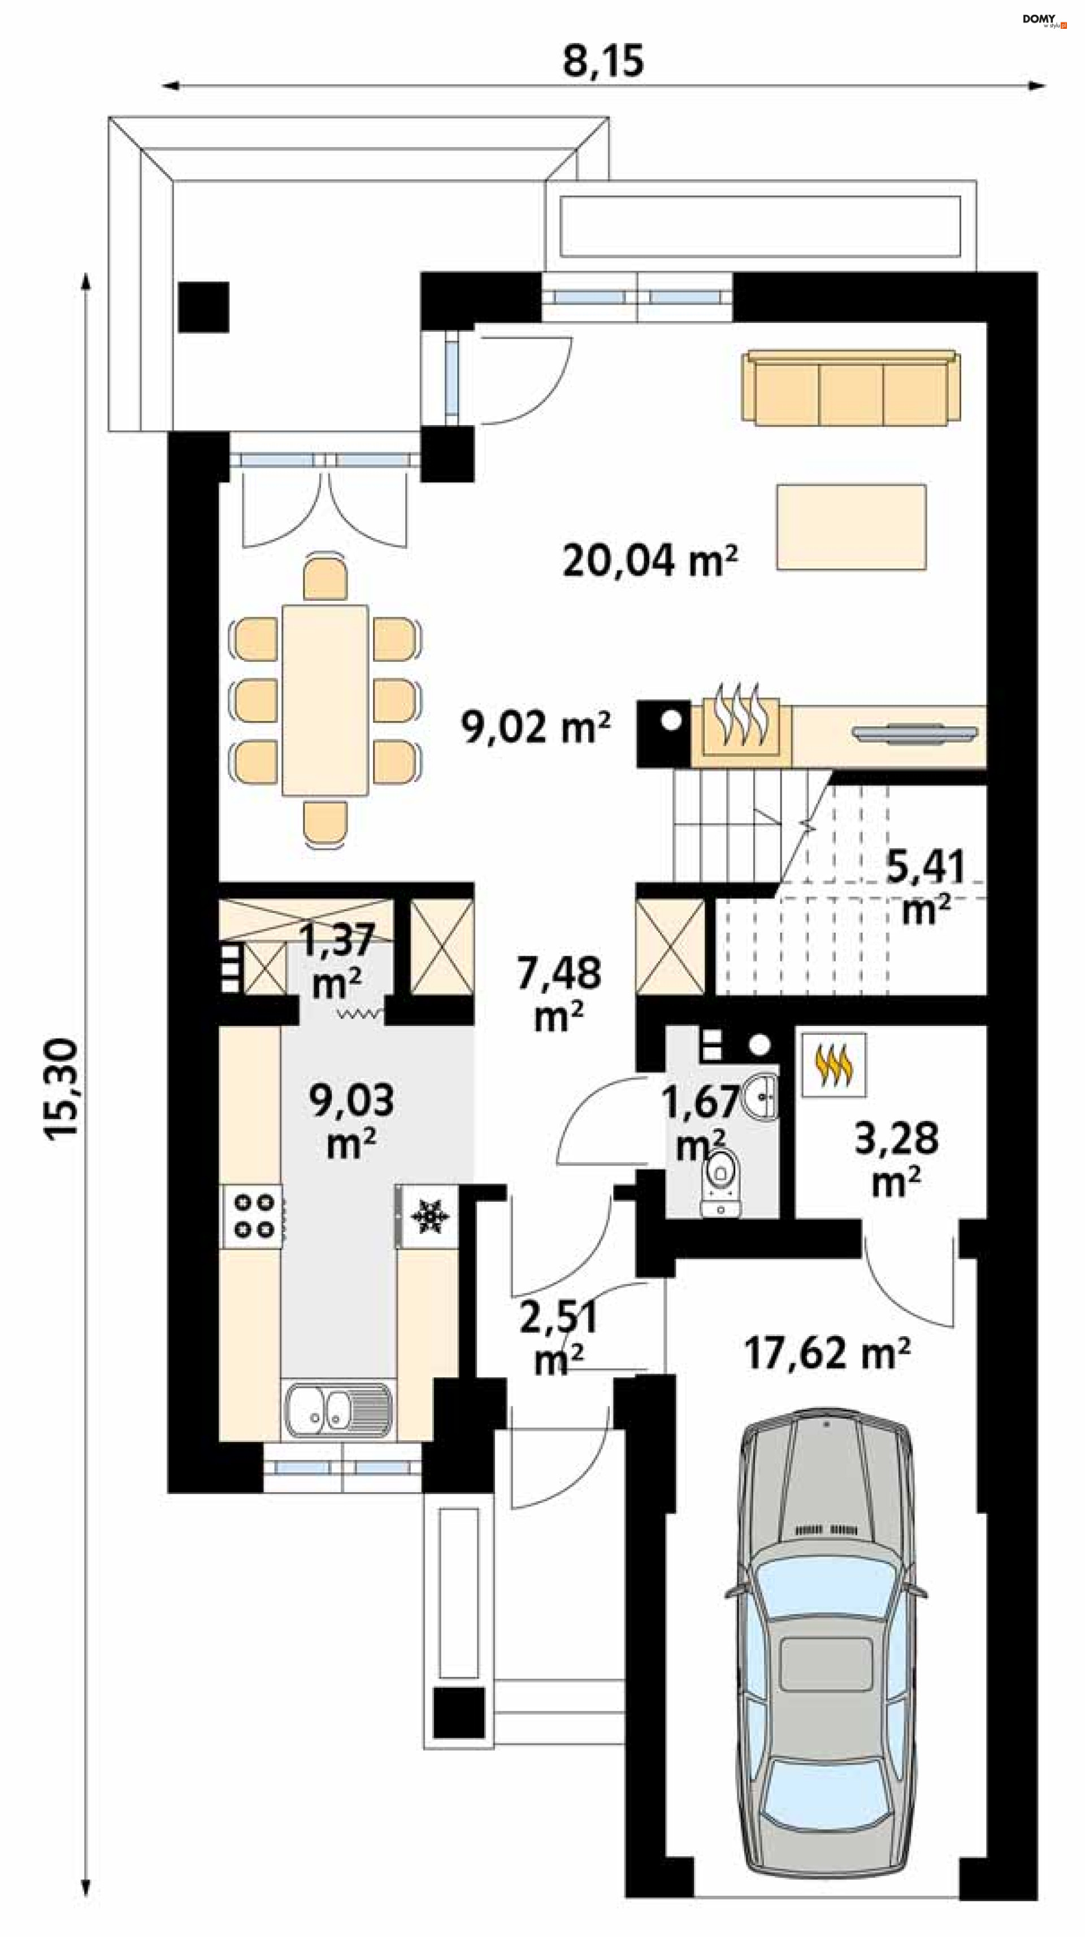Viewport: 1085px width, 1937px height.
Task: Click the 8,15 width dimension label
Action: tap(603, 61)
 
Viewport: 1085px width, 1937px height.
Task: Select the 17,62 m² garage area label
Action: tap(827, 1353)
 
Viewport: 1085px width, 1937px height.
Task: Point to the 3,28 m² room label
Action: tap(896, 1159)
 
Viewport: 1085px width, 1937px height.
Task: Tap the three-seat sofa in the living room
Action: tap(850, 387)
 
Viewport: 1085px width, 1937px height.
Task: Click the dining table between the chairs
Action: tap(325, 700)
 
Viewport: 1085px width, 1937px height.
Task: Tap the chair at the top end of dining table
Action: tap(325, 578)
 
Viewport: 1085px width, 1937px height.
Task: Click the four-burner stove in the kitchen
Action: tap(252, 1217)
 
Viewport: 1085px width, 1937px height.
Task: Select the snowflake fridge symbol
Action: tap(428, 1217)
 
